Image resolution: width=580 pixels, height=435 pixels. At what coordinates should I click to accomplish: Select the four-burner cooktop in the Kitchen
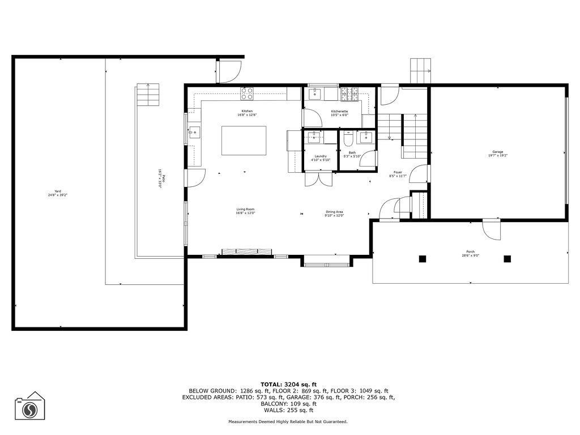pyautogui.click(x=247, y=93)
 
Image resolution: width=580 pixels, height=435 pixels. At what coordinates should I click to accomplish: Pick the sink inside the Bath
pyautogui.click(x=366, y=137)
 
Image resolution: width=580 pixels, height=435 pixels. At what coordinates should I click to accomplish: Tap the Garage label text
pyautogui.click(x=497, y=152)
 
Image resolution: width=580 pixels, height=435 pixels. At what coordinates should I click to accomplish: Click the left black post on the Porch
pyautogui.click(x=422, y=259)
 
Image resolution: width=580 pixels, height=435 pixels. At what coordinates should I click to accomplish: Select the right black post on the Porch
pyautogui.click(x=507, y=259)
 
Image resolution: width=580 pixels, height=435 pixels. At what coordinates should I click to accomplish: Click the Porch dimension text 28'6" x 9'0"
pyautogui.click(x=470, y=255)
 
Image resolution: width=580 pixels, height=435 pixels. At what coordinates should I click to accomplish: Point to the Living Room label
pyautogui.click(x=246, y=210)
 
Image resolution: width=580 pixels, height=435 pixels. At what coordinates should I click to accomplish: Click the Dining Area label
pyautogui.click(x=334, y=212)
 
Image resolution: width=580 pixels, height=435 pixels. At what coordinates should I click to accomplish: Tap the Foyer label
pyautogui.click(x=398, y=172)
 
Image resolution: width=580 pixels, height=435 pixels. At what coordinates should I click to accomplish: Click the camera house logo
pyautogui.click(x=30, y=407)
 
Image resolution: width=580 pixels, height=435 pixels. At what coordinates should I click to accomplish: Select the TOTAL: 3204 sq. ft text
pyautogui.click(x=289, y=384)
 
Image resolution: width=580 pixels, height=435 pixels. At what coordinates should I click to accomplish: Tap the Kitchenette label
pyautogui.click(x=339, y=111)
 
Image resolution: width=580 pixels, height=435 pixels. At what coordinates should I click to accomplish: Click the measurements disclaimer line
pyautogui.click(x=288, y=422)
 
